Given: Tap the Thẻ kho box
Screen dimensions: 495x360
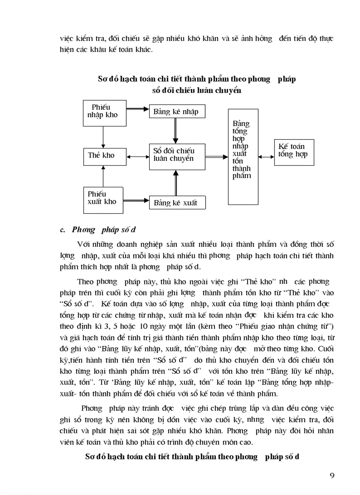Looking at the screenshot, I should [x=102, y=156].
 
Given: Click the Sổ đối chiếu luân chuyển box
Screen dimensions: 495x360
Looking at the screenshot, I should [x=177, y=156].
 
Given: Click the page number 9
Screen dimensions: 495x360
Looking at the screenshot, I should [x=332, y=475].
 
